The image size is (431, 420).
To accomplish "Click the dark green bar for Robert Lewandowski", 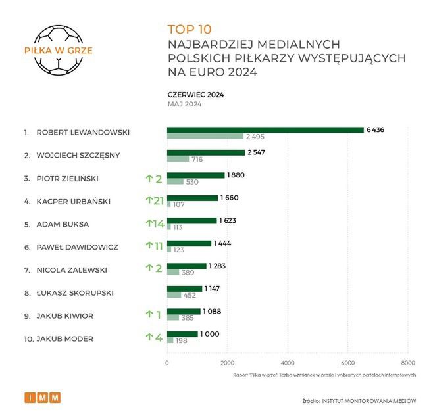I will point(265,129).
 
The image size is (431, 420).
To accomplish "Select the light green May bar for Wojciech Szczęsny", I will point(178,159).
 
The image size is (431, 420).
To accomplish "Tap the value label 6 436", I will point(375,130).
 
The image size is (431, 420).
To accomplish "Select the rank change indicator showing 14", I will point(155,223).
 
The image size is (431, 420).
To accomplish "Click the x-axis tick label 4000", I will point(287,363).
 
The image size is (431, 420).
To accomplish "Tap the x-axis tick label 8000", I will point(407,363).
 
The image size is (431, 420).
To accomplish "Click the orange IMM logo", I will point(43,397).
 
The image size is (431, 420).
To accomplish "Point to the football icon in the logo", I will point(59,50).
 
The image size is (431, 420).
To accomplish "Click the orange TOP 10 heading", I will point(190,29).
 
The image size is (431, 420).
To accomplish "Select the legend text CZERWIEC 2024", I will point(195,95).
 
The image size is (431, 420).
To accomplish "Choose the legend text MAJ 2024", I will point(184,104).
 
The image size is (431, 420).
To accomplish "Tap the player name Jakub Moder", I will point(64,338).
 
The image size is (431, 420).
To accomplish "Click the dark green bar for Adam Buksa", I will point(191,221).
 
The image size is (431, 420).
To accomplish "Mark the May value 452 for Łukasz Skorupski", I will point(192,295).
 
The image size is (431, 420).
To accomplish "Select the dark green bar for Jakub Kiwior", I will point(184,312).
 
